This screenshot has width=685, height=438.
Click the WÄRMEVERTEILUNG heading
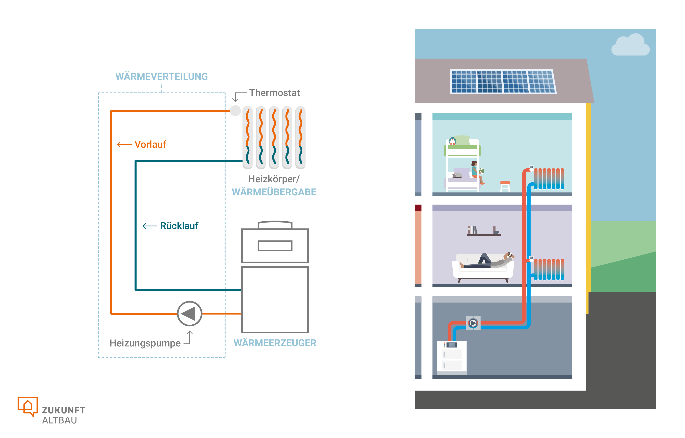[x=161, y=77]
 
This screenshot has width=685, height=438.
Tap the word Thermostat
[x=275, y=93]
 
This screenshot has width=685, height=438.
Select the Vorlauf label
[x=150, y=144]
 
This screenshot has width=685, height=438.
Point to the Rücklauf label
[x=179, y=226]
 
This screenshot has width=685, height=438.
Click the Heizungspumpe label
[x=145, y=343]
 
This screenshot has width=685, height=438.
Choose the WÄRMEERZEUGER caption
[x=275, y=343]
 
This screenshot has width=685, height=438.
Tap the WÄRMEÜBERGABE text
[x=274, y=192]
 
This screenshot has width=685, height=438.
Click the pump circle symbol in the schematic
[x=189, y=314]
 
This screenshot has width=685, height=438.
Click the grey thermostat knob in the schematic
[x=235, y=111]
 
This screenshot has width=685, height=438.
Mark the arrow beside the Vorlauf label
[x=124, y=144]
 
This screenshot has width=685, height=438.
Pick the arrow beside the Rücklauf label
[x=150, y=226]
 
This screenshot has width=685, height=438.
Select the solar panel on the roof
[x=503, y=82]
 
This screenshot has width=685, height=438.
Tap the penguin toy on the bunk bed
[x=452, y=141]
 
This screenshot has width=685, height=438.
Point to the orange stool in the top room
[x=505, y=186]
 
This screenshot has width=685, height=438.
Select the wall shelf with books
[x=484, y=231]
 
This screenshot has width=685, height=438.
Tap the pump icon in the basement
[x=473, y=323]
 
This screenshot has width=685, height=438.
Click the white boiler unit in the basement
[x=452, y=358]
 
